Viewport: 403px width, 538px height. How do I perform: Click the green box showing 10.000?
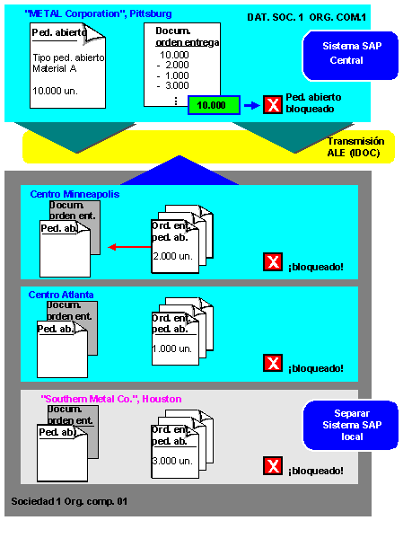pos(214,105)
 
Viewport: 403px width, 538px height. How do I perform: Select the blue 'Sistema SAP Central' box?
pos(350,56)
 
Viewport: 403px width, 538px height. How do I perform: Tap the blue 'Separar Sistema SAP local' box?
pos(351,425)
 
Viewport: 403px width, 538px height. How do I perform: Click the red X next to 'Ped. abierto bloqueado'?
pos(273,104)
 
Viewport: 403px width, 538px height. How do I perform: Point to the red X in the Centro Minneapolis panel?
pos(273,261)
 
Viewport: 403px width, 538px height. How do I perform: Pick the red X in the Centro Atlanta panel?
pos(273,363)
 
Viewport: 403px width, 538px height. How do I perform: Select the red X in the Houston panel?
pos(273,465)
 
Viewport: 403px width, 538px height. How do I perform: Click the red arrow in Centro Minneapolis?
pos(129,247)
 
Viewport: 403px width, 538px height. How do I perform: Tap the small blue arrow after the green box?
pos(252,105)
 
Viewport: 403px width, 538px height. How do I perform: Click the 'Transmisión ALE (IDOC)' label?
pos(355,147)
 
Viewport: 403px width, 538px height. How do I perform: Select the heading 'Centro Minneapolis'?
pos(74,194)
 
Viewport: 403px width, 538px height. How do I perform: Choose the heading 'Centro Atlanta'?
pos(61,295)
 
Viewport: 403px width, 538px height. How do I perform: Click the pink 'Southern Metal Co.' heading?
pos(110,399)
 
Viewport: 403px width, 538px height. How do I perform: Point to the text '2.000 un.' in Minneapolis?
pos(172,256)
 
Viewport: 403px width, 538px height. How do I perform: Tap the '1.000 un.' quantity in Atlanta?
pos(171,348)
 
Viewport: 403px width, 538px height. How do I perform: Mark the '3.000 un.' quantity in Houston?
pos(172,461)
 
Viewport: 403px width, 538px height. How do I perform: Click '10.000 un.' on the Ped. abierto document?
pos(55,91)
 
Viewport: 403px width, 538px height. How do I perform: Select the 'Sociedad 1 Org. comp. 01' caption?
pos(69,501)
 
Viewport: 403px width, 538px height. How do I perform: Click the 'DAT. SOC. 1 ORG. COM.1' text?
pos(306,17)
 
